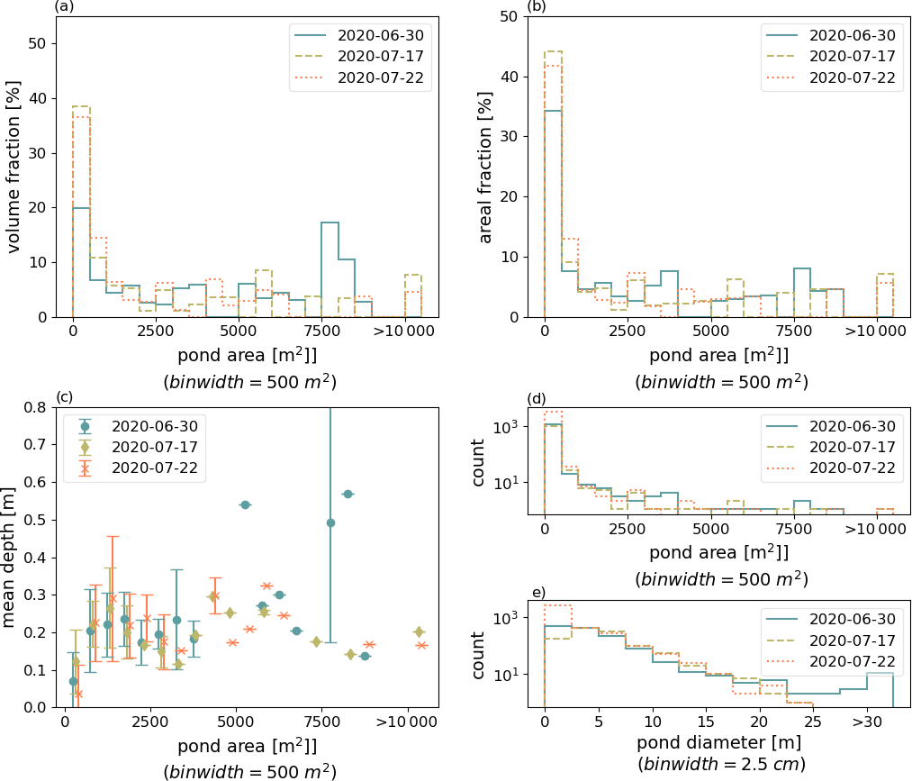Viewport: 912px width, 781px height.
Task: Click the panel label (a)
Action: [x=65, y=7]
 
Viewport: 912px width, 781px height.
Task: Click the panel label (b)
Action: [x=537, y=7]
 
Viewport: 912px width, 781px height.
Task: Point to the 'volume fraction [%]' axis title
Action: [x=16, y=166]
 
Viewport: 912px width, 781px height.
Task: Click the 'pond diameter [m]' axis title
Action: [x=719, y=744]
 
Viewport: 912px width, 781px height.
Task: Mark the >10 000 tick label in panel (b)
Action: [x=877, y=331]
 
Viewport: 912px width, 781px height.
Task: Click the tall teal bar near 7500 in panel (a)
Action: [x=330, y=268]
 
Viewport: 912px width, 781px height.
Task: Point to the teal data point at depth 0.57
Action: [x=347, y=494]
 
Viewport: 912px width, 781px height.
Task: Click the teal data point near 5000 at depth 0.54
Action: [x=244, y=504]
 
